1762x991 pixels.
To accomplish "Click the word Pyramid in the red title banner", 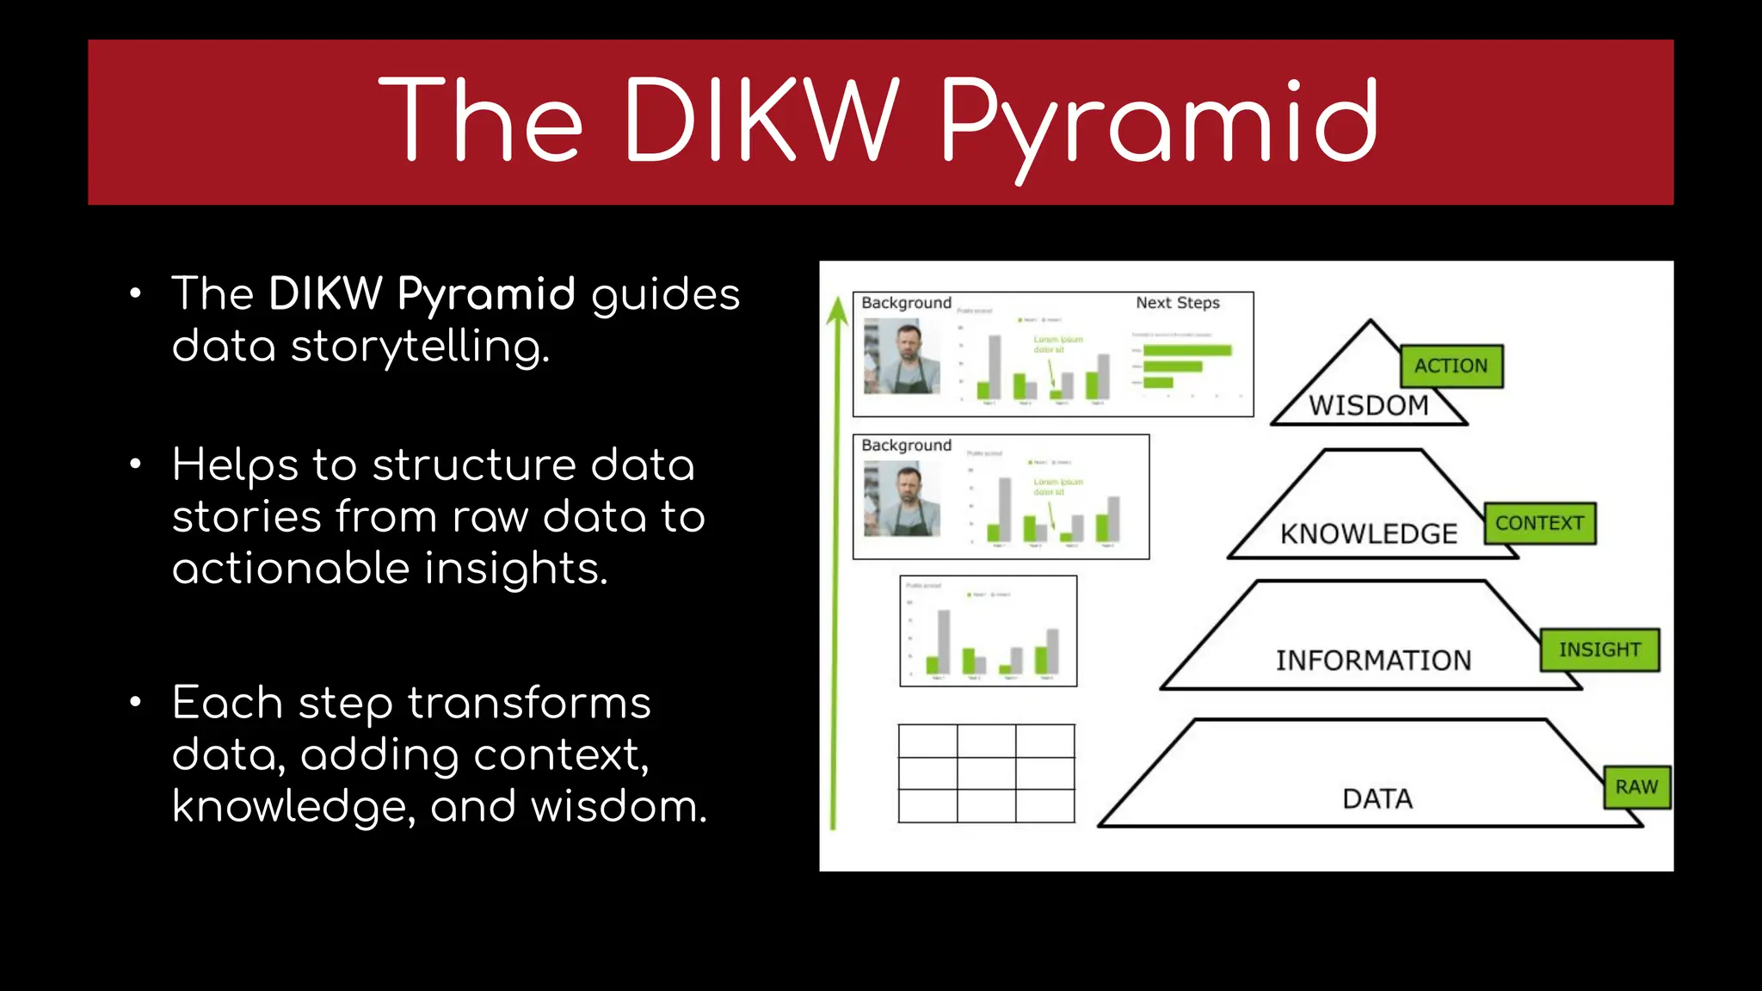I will click(x=1158, y=120).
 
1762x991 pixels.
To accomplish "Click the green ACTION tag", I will click(x=1451, y=366).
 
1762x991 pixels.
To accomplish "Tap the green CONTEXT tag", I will click(x=1539, y=523).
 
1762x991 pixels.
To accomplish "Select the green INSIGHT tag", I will click(x=1599, y=649).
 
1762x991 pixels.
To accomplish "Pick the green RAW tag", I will click(x=1636, y=787).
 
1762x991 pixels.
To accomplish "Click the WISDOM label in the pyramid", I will click(x=1368, y=405).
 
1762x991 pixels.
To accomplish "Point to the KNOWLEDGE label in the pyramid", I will click(x=1368, y=534).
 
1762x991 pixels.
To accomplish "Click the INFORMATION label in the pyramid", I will click(x=1373, y=661).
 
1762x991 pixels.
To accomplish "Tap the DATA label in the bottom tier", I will click(x=1377, y=799).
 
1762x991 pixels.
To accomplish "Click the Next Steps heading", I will click(x=1177, y=303).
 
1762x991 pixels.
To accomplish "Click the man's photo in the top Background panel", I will click(x=902, y=357).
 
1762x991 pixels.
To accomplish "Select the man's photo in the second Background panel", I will click(x=902, y=499).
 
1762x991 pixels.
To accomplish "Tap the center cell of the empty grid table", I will click(x=986, y=773).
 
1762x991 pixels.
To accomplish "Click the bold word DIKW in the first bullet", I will click(x=324, y=294).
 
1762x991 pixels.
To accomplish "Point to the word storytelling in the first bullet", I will click(x=419, y=347).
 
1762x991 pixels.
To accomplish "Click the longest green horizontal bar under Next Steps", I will click(x=1187, y=350).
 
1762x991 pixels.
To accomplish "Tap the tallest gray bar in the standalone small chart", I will click(x=944, y=641).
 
